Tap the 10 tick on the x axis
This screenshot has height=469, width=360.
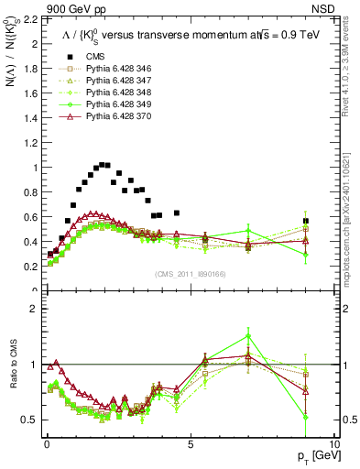[x=333, y=443]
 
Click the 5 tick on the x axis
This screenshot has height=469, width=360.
[x=190, y=443]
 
